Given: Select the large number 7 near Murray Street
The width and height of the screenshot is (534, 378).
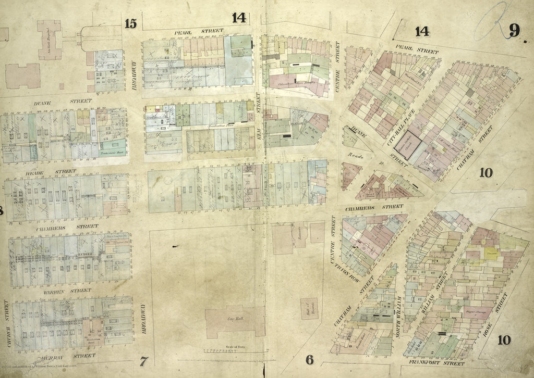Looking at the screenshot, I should (144, 359).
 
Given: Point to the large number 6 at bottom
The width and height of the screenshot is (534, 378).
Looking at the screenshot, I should (310, 359).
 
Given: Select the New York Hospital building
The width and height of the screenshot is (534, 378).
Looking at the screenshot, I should (50, 40).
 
